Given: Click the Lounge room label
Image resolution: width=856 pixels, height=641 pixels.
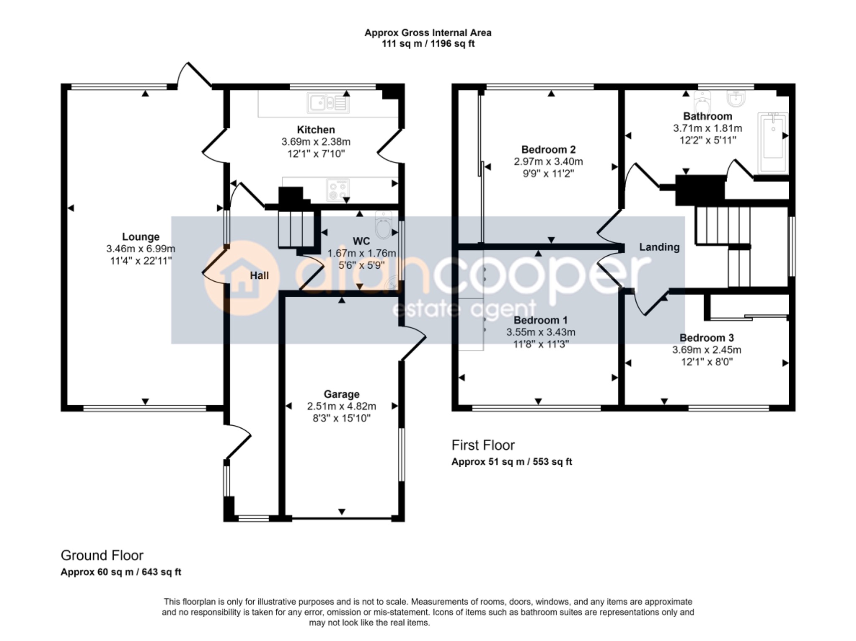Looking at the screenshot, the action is click(140, 237).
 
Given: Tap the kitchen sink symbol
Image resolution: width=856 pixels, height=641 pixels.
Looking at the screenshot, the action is click(328, 103).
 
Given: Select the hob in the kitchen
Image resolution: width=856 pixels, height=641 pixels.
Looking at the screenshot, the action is click(338, 190).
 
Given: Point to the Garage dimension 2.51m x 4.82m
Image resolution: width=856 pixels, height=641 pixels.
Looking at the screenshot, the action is click(341, 406).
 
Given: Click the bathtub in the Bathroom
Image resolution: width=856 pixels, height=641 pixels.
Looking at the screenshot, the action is click(773, 143).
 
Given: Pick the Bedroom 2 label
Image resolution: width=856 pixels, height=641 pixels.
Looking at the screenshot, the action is click(548, 150).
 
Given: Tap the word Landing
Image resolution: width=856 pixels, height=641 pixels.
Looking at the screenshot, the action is click(659, 247).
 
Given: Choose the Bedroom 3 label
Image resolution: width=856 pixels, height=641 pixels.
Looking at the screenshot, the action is click(706, 338).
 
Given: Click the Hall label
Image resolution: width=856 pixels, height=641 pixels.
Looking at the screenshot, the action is click(259, 275).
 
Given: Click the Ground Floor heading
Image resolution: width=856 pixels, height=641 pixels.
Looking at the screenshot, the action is click(102, 555).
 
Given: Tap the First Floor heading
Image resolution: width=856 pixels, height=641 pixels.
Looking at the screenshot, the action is click(483, 445).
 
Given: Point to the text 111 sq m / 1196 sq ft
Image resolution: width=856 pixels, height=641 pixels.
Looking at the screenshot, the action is click(428, 43).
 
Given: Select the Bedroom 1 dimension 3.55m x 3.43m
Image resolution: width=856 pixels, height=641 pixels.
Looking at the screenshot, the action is click(541, 332).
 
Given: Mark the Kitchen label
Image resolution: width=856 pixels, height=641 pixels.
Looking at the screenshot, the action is click(316, 130).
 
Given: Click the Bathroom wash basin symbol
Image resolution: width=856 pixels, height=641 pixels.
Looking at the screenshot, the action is click(737, 99).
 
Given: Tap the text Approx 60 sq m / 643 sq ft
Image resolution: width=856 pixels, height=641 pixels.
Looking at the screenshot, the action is click(121, 572).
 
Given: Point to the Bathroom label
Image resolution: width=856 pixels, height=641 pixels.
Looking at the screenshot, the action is click(708, 116).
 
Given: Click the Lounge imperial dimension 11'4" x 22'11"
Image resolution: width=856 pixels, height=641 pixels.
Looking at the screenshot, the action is click(141, 261).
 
